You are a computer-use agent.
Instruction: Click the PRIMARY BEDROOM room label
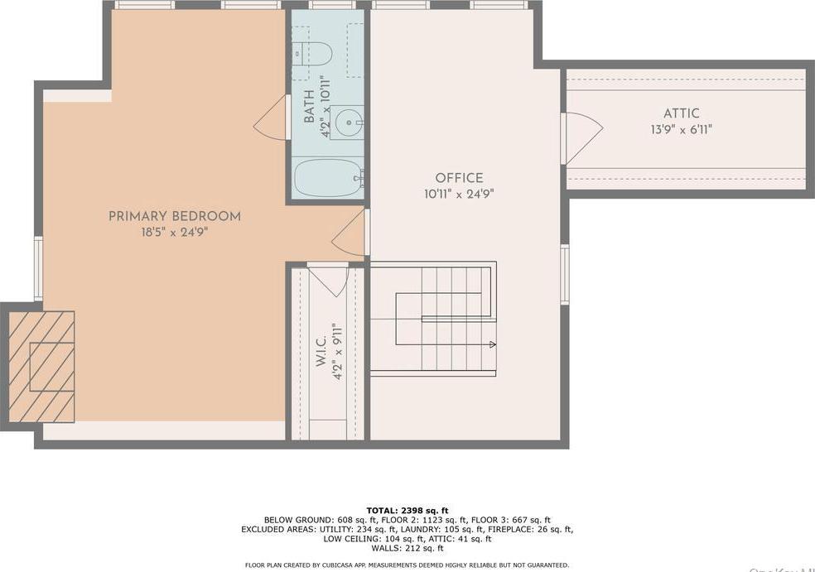(175, 216)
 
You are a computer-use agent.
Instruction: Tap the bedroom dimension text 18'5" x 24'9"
(175, 233)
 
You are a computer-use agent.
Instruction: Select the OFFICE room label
(459, 178)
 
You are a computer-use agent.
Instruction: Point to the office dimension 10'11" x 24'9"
(459, 195)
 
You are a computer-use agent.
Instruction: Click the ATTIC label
(681, 113)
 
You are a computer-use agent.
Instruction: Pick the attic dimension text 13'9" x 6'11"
(681, 129)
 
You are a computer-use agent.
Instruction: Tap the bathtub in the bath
(328, 178)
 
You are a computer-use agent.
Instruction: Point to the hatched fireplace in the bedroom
(41, 366)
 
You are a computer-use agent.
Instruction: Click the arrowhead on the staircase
(492, 344)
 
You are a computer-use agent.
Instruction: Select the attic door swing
(583, 137)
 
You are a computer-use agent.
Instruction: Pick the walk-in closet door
(328, 280)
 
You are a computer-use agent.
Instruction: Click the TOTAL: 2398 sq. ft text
(407, 510)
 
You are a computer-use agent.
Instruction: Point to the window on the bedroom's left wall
(38, 268)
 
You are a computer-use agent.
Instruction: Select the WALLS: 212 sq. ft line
(407, 548)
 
